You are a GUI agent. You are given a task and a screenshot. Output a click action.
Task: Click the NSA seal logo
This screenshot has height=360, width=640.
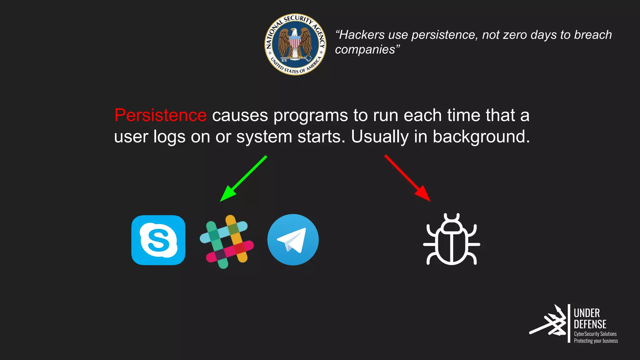click(x=295, y=44)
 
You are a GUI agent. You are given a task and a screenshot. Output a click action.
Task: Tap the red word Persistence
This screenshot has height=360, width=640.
click(x=160, y=115)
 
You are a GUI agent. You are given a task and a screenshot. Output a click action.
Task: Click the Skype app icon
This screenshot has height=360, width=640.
click(x=158, y=240)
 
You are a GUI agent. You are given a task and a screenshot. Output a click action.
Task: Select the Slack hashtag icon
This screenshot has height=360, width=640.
click(x=227, y=241)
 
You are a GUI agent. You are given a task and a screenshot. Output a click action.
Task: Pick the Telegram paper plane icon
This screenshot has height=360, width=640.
click(x=293, y=240)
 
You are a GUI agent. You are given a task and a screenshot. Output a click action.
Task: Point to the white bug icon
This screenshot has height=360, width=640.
click(x=452, y=239)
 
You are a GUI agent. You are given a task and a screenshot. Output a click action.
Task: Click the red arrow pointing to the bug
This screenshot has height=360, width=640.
click(x=408, y=178)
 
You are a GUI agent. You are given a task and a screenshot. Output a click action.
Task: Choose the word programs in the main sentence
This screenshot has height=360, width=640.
click(x=310, y=115)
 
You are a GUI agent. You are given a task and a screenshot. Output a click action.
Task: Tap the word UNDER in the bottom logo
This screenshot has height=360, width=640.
click(x=587, y=313)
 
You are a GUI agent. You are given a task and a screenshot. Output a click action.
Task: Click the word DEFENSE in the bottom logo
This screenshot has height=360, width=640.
click(x=590, y=324)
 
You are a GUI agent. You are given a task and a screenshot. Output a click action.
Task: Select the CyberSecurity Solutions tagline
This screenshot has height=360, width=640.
click(x=595, y=334)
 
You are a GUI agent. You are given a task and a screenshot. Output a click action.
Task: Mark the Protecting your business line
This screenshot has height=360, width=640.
click(x=596, y=341)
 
